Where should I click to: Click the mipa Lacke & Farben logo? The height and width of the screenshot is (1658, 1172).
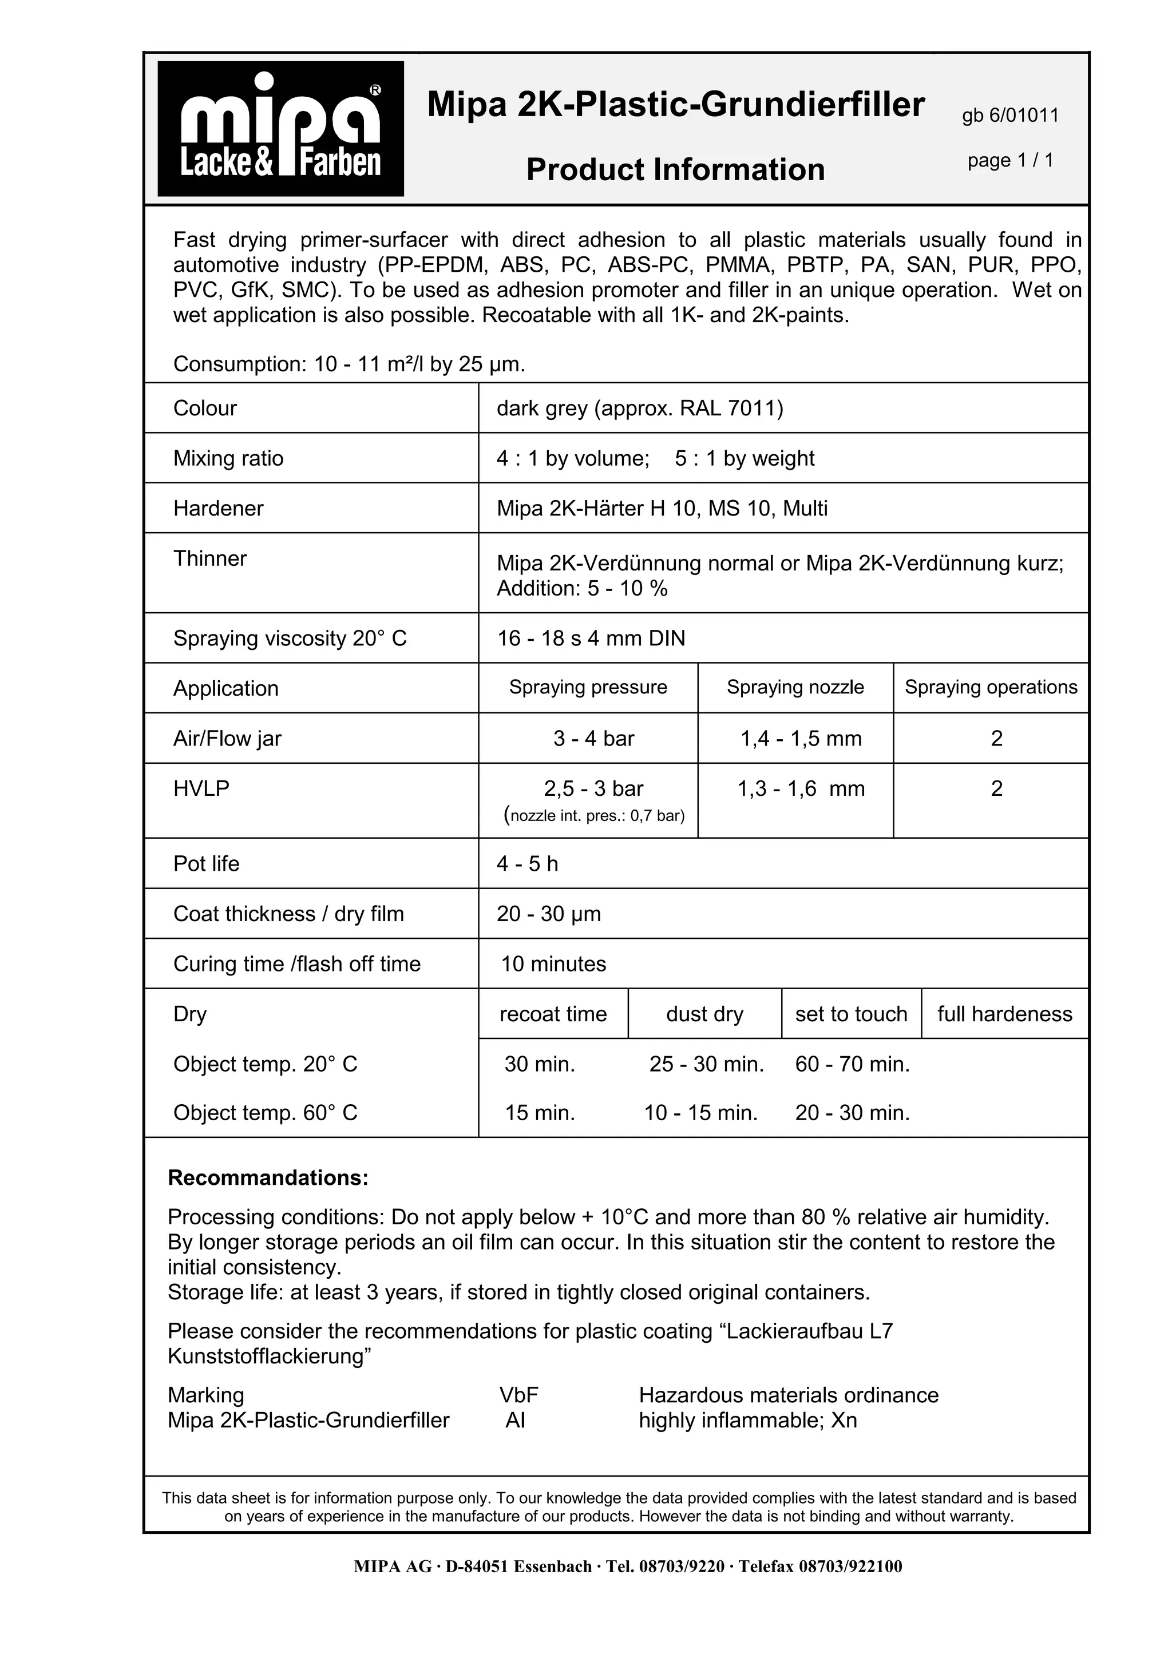[x=280, y=129]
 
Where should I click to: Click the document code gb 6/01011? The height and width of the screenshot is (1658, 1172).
[x=1009, y=116]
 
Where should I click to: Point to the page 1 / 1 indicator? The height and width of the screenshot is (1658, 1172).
[x=1009, y=160]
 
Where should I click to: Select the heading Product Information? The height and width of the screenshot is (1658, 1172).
[x=675, y=170]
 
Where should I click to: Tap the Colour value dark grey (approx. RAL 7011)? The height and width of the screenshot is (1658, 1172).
[x=639, y=408]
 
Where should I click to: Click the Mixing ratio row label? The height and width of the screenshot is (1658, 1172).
[x=228, y=458]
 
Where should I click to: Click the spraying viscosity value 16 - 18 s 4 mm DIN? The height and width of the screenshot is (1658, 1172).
[x=591, y=638]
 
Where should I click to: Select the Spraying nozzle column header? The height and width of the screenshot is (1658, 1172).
[x=794, y=688]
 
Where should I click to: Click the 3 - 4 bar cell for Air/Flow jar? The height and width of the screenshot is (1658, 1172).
[x=593, y=739]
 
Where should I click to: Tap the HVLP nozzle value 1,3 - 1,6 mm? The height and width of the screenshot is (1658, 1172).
[x=800, y=788]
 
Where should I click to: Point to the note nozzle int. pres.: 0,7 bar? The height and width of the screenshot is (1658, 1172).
[x=593, y=816]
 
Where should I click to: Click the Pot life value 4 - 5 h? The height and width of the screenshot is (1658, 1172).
[x=527, y=864]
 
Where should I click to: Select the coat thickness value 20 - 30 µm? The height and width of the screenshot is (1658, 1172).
[x=548, y=914]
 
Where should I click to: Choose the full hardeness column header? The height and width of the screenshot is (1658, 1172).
[x=1004, y=1014]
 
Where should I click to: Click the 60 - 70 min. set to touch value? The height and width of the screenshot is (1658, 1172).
[x=852, y=1064]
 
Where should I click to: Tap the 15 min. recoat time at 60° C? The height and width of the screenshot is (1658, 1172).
[x=540, y=1113]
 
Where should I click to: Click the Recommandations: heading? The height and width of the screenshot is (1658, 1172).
[x=268, y=1178]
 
